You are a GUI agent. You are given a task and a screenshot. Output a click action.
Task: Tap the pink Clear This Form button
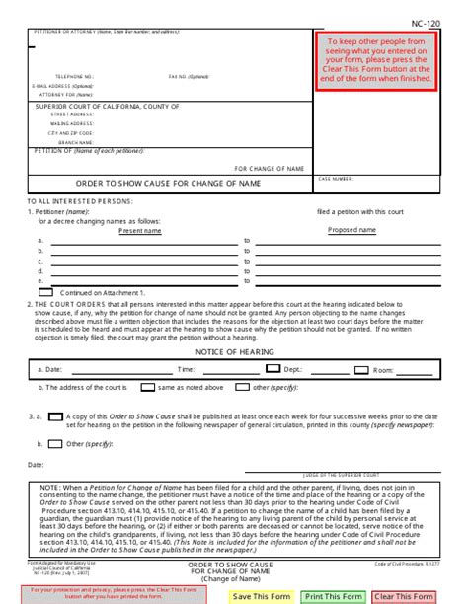pyautogui.click(x=404, y=596)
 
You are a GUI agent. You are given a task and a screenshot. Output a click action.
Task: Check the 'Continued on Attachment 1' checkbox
pyautogui.click(x=45, y=292)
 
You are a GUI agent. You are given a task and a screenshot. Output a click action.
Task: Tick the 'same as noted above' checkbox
pyautogui.click(x=148, y=388)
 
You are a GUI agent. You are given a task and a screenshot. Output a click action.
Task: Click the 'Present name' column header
pyautogui.click(x=139, y=230)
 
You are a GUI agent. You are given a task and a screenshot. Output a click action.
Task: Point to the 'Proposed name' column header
pyautogui.click(x=351, y=230)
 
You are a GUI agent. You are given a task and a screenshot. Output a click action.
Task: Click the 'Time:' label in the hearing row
pyautogui.click(x=186, y=369)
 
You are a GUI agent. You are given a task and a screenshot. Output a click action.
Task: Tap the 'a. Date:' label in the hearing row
pyautogui.click(x=50, y=369)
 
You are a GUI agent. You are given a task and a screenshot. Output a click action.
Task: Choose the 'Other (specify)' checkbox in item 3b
pyautogui.click(x=56, y=443)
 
